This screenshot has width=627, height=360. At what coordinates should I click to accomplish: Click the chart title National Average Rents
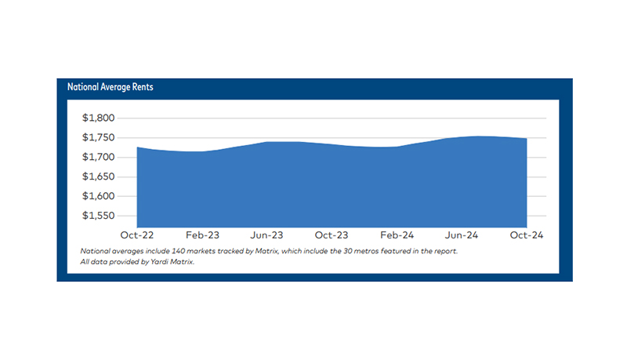[x=110, y=87]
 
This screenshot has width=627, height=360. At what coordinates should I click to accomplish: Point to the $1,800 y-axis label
[x=99, y=118]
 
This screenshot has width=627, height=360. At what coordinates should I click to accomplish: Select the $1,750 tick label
[x=99, y=138]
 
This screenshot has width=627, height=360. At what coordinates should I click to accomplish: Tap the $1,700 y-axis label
[x=99, y=158]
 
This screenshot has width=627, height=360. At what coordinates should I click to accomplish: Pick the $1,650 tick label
[x=99, y=177]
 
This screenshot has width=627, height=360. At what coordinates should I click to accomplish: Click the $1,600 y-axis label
[x=99, y=197]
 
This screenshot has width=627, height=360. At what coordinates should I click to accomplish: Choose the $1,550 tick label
[x=99, y=216]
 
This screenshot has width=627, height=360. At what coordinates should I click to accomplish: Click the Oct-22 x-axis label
[x=136, y=235]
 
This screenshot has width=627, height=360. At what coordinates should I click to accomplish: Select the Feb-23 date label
[x=201, y=235]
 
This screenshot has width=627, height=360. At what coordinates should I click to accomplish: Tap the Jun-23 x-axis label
[x=266, y=235]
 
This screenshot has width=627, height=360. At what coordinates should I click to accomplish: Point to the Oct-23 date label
[x=332, y=235]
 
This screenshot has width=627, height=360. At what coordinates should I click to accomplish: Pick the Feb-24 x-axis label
[x=397, y=235]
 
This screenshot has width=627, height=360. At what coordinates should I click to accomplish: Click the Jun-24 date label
[x=462, y=235]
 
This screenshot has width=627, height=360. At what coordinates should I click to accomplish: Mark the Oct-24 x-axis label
[x=526, y=235]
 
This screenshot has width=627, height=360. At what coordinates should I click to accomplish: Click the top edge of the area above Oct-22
[x=138, y=147]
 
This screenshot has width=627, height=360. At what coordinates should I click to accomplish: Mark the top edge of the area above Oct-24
[x=526, y=139]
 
